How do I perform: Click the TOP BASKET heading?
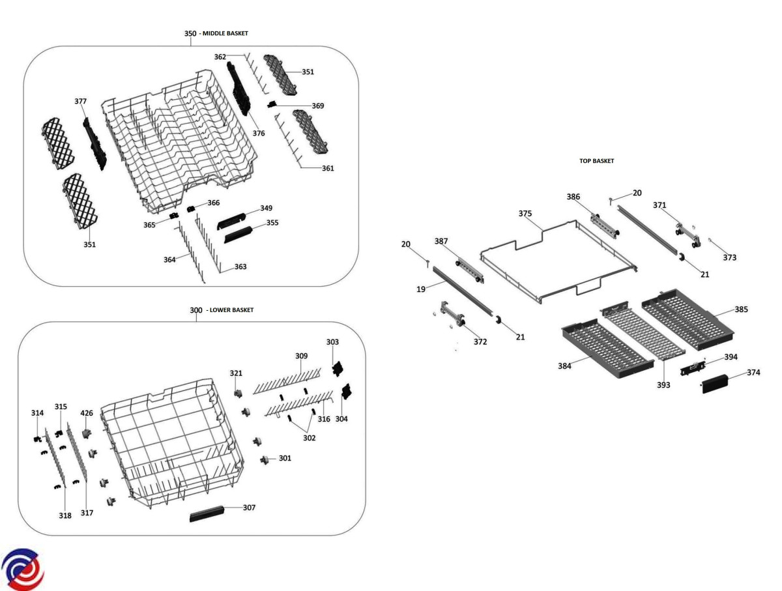[x=596, y=160]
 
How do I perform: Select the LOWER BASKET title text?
[x=230, y=310]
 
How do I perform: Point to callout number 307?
[x=249, y=508]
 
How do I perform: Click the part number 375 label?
[x=525, y=213]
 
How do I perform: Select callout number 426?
[x=87, y=413]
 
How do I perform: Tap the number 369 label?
[x=317, y=106]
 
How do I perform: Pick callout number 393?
[x=663, y=385]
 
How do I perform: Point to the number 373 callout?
[x=729, y=257]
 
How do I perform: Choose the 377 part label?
[x=80, y=102]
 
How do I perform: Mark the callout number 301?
[x=285, y=458]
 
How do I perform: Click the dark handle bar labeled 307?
[x=213, y=514]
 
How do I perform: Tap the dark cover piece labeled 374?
[x=721, y=379]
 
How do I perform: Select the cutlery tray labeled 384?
[x=607, y=349]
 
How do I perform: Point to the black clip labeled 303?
[x=337, y=369]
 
